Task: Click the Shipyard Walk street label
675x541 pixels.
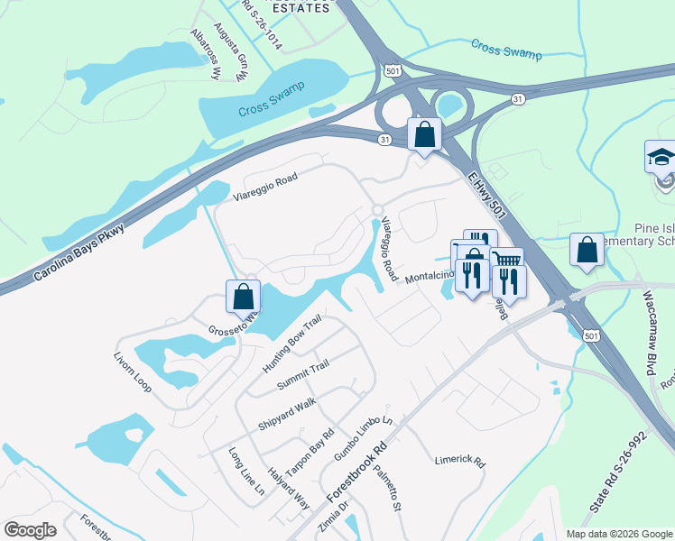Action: tap(287, 412)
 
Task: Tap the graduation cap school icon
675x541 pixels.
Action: tap(661, 157)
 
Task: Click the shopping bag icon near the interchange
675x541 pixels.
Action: tap(424, 134)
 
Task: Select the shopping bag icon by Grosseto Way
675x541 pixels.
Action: tap(244, 297)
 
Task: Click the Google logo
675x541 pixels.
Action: tap(31, 529)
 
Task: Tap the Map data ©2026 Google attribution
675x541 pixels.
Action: tap(618, 534)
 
